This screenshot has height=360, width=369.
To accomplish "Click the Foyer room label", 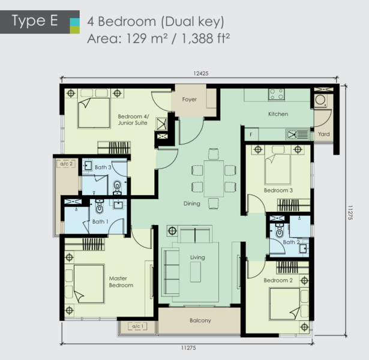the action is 189,100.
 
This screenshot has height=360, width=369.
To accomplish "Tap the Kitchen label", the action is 278,114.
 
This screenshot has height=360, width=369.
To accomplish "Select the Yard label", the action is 323,134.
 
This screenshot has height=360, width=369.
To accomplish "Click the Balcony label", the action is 200,320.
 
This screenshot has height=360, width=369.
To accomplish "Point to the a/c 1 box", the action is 137,326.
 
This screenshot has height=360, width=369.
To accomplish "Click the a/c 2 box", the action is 67,164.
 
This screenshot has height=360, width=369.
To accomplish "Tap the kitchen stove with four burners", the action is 277,94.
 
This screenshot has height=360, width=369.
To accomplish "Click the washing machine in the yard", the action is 320,100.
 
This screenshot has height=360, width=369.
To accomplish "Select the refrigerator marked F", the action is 251,134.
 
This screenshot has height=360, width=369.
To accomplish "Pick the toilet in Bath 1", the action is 100,206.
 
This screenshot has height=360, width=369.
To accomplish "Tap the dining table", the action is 214,179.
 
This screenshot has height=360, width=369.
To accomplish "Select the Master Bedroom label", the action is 121,282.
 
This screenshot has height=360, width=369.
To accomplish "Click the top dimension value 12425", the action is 201,74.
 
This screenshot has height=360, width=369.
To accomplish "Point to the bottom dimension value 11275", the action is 188,348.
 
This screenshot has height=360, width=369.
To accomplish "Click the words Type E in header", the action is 35,21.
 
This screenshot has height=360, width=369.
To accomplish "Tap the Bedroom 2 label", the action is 278,280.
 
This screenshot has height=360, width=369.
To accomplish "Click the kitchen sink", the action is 297,135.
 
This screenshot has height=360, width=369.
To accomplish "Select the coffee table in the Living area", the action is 196,272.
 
